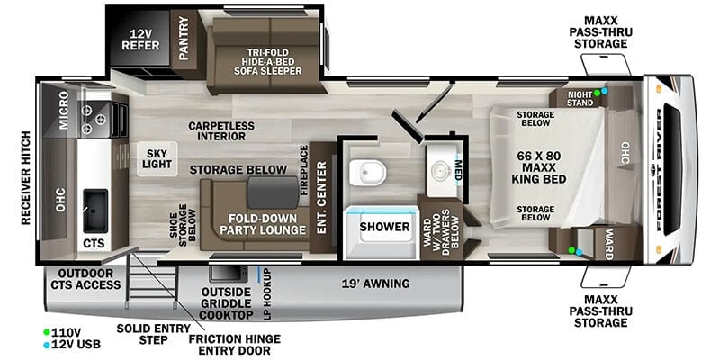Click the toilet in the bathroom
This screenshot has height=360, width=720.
367,173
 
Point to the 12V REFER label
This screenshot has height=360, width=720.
141,40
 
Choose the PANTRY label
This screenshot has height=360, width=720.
184,39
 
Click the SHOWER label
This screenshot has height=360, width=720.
384,227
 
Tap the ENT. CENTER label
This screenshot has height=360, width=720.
322,198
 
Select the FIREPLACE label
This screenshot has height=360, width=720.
304,170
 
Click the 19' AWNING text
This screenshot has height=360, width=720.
375,283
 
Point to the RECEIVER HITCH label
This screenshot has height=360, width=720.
26,178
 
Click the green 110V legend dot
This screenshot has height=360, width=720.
47,332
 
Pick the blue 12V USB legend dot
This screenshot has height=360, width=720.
47,344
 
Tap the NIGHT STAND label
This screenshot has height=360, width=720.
580,98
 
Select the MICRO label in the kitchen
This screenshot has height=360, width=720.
63,110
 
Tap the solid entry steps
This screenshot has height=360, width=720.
151,277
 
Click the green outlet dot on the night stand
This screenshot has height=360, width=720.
597,93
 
